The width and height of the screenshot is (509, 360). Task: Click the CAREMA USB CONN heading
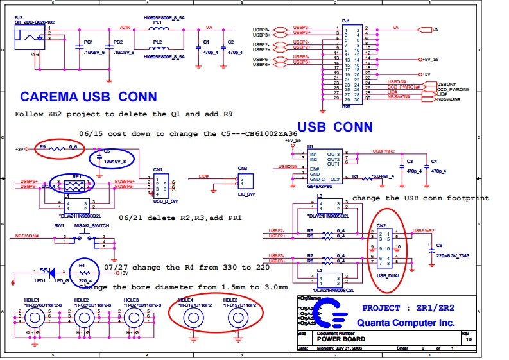[x=88, y=97]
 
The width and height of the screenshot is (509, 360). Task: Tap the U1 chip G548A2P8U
[x=324, y=165]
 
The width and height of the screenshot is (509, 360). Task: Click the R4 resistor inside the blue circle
[x=82, y=273]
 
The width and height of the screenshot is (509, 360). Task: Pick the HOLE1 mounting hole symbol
[x=31, y=316]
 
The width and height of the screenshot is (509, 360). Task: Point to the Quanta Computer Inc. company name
[x=406, y=323]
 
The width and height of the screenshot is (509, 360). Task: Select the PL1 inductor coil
[x=158, y=30]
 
